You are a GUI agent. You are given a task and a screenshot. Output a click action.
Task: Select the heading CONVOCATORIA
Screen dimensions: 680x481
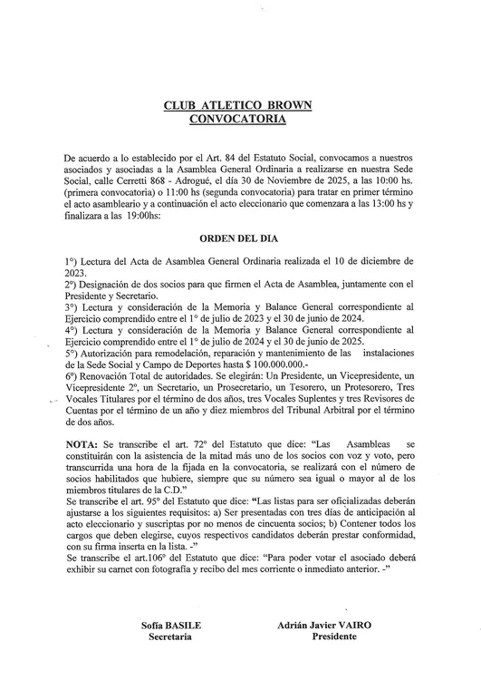pos(237,118)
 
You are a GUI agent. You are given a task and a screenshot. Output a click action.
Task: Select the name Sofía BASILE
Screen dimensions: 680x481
pos(171,626)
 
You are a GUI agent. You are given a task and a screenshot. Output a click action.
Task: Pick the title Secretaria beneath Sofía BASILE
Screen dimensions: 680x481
pos(170,637)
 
